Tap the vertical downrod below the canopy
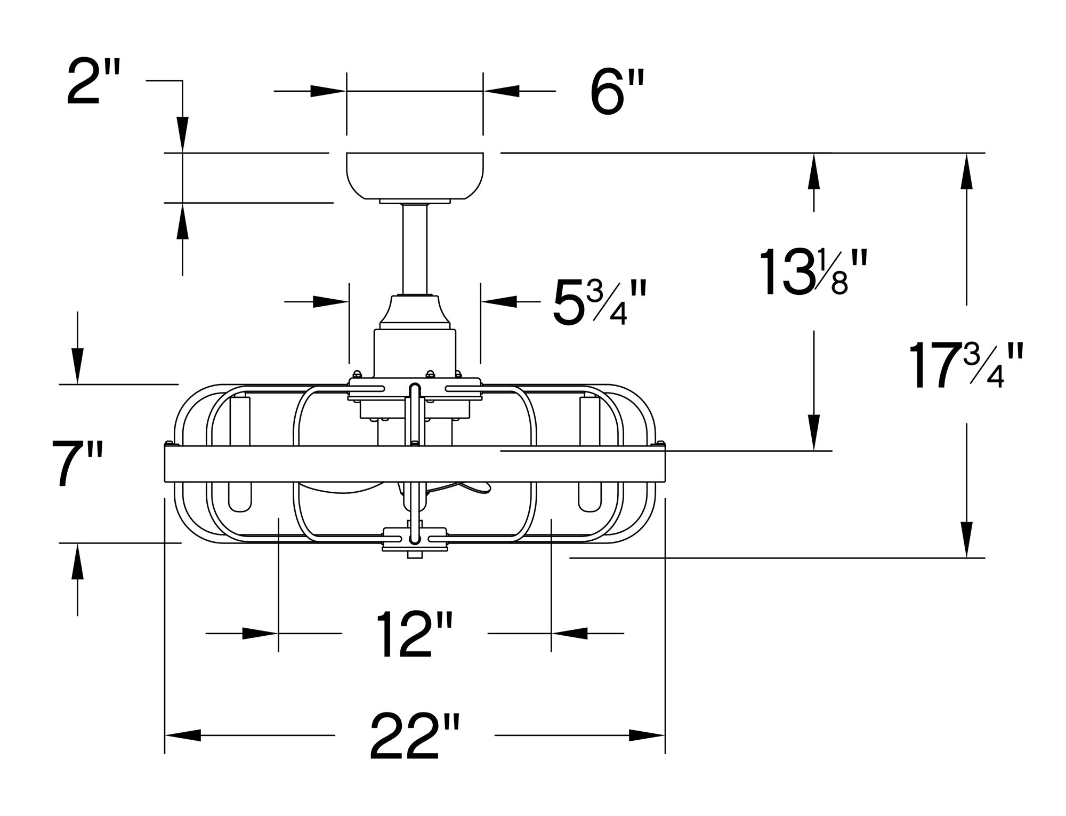[x=415, y=248]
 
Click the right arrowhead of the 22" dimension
[x=647, y=735]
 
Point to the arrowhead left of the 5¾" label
[x=330, y=302]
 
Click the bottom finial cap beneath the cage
[x=415, y=555]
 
